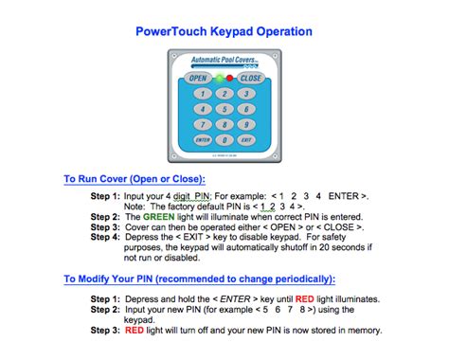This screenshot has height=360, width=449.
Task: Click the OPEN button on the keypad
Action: (198, 78)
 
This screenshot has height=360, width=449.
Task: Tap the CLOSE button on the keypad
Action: (251, 78)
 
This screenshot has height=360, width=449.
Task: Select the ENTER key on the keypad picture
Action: (203, 140)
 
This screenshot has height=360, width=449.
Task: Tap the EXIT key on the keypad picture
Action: (246, 140)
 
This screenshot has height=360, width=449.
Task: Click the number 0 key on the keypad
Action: (224, 140)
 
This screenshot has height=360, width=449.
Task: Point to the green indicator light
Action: (219, 78)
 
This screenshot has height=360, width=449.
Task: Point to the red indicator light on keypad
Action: (230, 78)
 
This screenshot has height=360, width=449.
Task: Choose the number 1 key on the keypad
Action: (203, 94)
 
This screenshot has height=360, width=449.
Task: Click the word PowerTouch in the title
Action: (171, 31)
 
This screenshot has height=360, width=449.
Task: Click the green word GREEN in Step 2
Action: (158, 217)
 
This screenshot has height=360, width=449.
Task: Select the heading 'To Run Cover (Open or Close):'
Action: (135, 179)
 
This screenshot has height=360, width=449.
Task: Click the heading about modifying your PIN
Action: (200, 279)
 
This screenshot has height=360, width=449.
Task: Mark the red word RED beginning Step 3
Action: (135, 331)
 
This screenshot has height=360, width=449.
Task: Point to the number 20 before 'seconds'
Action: (324, 247)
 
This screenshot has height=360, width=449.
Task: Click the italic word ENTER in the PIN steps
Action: (235, 299)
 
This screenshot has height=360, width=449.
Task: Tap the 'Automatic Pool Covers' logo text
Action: (224, 60)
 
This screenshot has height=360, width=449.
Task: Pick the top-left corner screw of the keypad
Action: (174, 56)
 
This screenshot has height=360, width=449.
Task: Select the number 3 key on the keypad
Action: (246, 94)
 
